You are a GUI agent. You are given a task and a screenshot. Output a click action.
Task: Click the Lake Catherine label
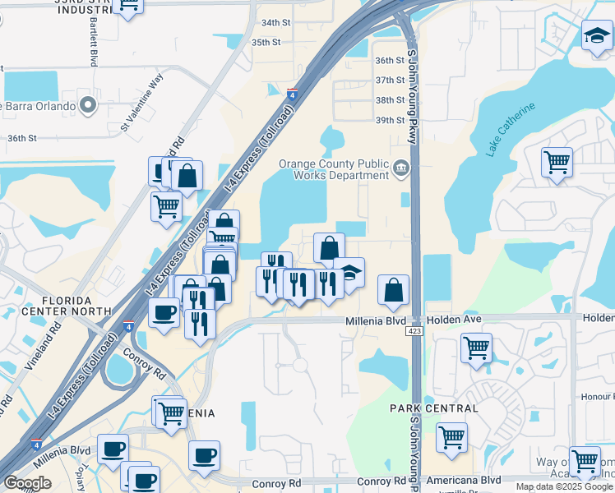point(510,130)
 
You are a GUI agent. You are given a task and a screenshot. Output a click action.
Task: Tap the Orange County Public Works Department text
point(333,169)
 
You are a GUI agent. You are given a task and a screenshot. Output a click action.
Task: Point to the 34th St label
point(276,22)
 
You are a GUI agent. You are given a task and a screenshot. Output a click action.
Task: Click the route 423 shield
point(414,330)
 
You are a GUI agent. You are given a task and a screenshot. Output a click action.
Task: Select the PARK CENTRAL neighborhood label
point(433,408)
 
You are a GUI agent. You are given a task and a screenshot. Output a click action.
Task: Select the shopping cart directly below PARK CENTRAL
point(451,436)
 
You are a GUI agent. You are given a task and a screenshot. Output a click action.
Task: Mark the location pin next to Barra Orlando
point(89,105)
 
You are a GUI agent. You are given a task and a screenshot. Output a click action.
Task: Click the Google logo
point(27,483)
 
